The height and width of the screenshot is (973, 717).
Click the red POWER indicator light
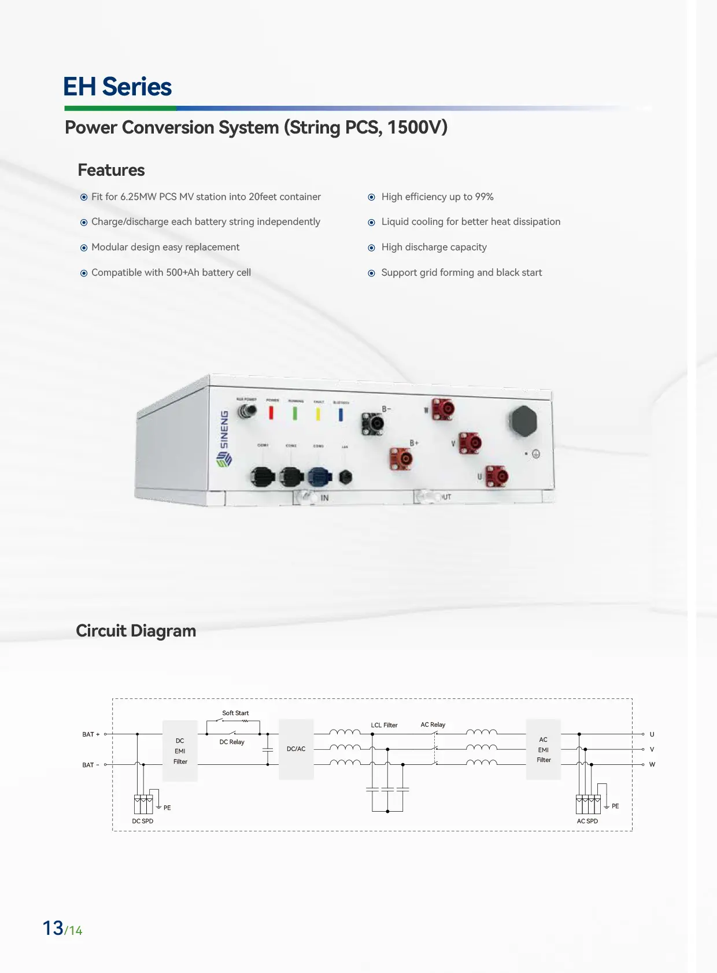point(271,412)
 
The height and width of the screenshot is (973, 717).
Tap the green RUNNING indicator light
point(295,413)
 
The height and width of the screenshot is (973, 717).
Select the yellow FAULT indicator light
point(318,414)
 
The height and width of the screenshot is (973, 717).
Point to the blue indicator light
point(341,415)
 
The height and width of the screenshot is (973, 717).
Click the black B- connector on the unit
point(373,424)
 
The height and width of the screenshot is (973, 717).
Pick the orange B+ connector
point(401,459)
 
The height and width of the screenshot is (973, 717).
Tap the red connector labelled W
point(443,409)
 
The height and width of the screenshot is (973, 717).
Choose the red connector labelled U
point(497,477)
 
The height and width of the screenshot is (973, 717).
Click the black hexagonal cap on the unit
point(523,421)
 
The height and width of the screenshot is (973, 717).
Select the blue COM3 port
point(319,476)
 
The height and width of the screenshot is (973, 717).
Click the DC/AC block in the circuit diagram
point(296,749)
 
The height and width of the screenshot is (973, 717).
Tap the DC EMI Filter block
point(180,751)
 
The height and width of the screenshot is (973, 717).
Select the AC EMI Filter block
point(544,750)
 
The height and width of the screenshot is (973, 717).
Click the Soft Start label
point(235,713)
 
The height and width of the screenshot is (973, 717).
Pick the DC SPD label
point(143,821)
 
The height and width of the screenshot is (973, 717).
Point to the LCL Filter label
point(384,725)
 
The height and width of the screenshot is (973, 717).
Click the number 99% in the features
point(484,197)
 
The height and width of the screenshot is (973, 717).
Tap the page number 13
point(53,928)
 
